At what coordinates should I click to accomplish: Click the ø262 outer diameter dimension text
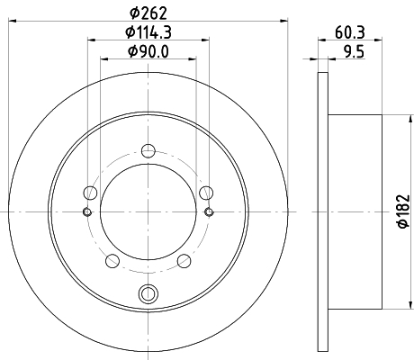click(x=148, y=13)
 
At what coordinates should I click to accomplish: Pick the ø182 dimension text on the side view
click(x=404, y=212)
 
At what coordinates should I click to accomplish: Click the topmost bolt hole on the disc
click(x=148, y=153)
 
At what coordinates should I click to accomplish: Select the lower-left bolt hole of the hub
click(x=112, y=260)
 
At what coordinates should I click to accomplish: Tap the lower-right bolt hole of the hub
click(x=184, y=260)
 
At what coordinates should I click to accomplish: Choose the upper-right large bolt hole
click(x=207, y=192)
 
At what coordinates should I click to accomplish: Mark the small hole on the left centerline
click(x=87, y=211)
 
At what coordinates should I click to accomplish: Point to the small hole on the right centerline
click(x=210, y=211)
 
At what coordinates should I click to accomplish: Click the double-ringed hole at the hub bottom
click(x=148, y=293)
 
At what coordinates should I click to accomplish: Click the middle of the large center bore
click(x=148, y=211)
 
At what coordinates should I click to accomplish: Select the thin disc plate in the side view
click(x=325, y=211)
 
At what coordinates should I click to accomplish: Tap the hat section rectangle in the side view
click(x=356, y=211)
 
